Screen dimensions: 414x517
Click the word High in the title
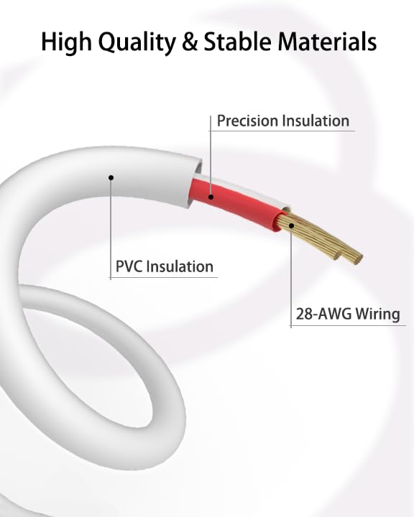65,42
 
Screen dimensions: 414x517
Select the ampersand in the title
190,42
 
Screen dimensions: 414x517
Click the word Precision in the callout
247,121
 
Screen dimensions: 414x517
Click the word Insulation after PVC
180,266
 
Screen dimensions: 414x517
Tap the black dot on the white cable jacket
111,178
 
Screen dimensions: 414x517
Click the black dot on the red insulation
211,197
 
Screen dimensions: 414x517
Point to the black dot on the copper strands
291,225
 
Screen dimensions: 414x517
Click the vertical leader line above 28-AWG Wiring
291,277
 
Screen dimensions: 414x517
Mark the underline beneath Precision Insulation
282,131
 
